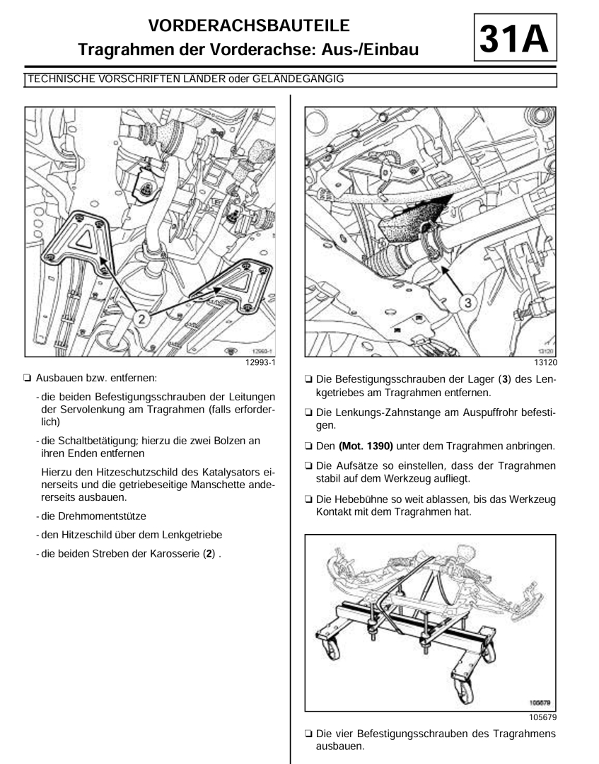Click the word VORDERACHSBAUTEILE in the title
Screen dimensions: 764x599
click(x=250, y=25)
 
